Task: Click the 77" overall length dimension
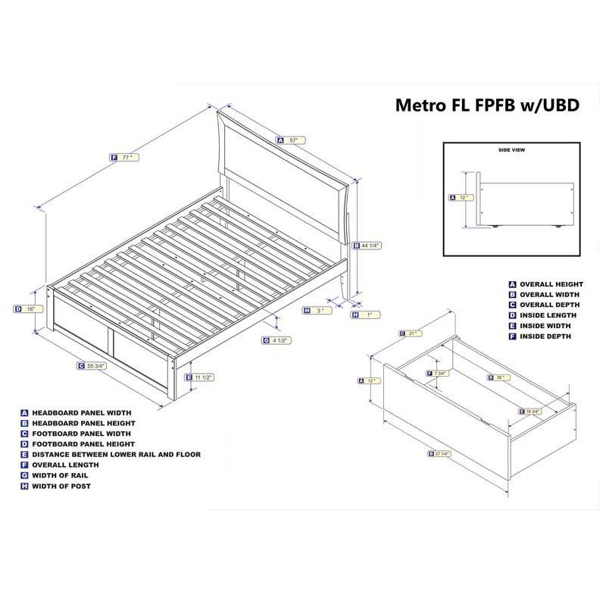tap(126, 158)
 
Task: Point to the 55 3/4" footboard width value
tap(95, 365)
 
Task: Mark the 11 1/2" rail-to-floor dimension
tap(201, 377)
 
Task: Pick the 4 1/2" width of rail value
tap(280, 340)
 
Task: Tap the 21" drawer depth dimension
tap(413, 333)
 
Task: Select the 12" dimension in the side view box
tap(464, 198)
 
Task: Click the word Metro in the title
tap(424, 105)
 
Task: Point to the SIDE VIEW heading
tap(511, 150)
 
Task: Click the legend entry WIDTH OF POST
tap(61, 486)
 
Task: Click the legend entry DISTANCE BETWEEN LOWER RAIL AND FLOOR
tap(115, 455)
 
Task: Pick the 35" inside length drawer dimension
tap(500, 377)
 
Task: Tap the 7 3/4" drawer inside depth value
tap(439, 373)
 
